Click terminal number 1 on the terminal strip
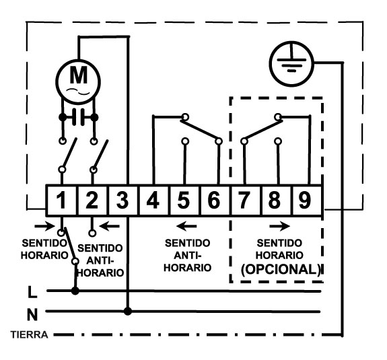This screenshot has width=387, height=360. [x=61, y=200]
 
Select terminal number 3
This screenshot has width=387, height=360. [x=122, y=200]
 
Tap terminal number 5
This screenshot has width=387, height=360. [x=183, y=200]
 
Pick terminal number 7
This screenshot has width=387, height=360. [x=244, y=200]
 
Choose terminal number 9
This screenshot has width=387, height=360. [x=305, y=200]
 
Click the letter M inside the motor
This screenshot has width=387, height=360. [x=79, y=75]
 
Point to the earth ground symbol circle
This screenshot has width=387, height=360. [x=291, y=64]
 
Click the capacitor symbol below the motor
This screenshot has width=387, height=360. [x=79, y=117]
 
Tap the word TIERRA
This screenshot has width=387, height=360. [x=29, y=335]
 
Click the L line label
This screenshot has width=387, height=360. [x=32, y=292]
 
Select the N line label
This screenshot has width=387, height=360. [x=32, y=315]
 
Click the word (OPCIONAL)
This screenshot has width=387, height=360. [x=281, y=269]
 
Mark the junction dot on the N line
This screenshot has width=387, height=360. [x=128, y=312]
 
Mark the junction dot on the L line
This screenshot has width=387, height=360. [x=75, y=291]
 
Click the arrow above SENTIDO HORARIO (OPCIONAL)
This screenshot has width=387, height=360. [x=280, y=226]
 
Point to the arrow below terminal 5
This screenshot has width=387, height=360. [x=186, y=226]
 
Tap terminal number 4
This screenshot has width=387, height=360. [x=153, y=200]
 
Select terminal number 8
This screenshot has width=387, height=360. [x=274, y=200]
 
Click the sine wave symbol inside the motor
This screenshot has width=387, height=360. [x=78, y=92]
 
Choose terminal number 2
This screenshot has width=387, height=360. [x=92, y=200]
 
